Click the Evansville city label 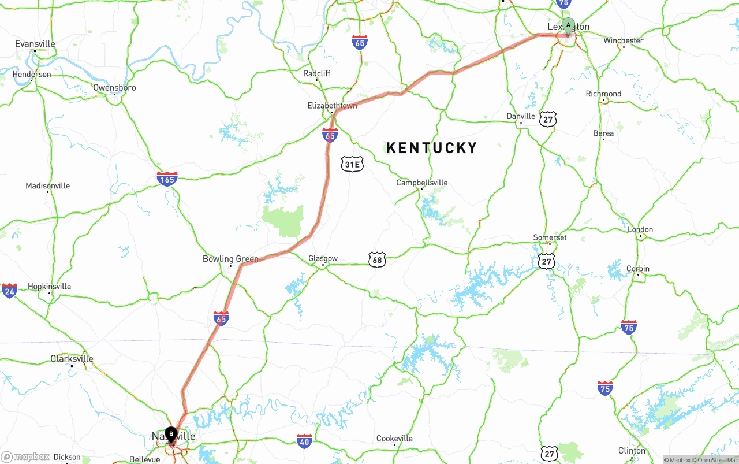pos(35,44)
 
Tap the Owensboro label pos(114,88)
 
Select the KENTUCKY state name pos(431,148)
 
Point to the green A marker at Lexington pos(569,26)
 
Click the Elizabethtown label pos(332,106)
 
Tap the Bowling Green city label pos(230,259)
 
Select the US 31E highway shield pos(352,164)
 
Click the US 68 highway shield pos(377,260)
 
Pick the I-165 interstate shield pos(167,179)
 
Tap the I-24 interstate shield pos(9,291)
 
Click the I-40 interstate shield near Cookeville pos(304,441)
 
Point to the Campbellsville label pos(421,183)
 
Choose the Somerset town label pos(550,237)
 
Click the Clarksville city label pos(72,359)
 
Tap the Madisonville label pos(47,185)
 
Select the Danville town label pos(521,116)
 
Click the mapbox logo pos(25,457)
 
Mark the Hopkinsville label pos(49,287)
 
